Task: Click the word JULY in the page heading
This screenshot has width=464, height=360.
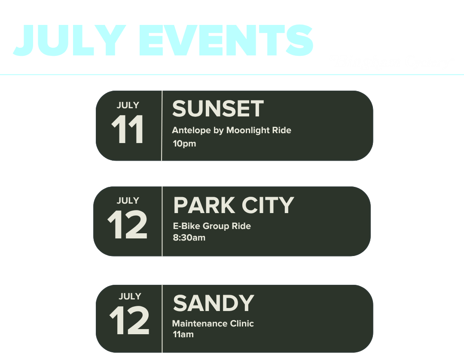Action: tap(70, 40)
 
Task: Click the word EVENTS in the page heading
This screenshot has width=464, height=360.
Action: tap(226, 40)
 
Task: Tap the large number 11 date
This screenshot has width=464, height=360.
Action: tap(128, 129)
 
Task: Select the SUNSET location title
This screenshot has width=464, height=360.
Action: tap(218, 109)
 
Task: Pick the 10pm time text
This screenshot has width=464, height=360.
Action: tap(184, 143)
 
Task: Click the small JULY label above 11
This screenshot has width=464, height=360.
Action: tap(128, 105)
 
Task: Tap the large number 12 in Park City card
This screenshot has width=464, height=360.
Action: tap(127, 225)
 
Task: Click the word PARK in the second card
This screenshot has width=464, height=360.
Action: tap(204, 205)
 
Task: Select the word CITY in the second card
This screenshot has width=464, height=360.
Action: tap(268, 205)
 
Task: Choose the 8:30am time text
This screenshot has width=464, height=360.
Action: tap(189, 238)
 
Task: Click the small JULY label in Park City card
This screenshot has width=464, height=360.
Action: tap(128, 201)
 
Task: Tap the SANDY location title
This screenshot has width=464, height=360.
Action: tap(214, 303)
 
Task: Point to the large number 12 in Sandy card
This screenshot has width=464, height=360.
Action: tap(129, 320)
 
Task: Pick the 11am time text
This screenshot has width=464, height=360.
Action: tap(183, 334)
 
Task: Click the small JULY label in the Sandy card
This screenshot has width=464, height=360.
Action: tap(130, 296)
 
